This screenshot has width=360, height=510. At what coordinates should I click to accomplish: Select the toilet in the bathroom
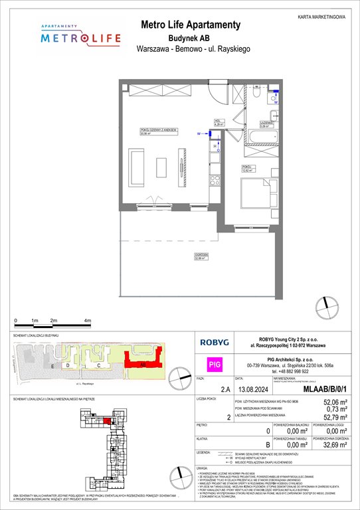click(x=274, y=100)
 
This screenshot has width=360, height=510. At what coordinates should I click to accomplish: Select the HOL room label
click(x=217, y=122)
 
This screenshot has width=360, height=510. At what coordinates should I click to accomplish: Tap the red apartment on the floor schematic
click(x=107, y=420)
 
